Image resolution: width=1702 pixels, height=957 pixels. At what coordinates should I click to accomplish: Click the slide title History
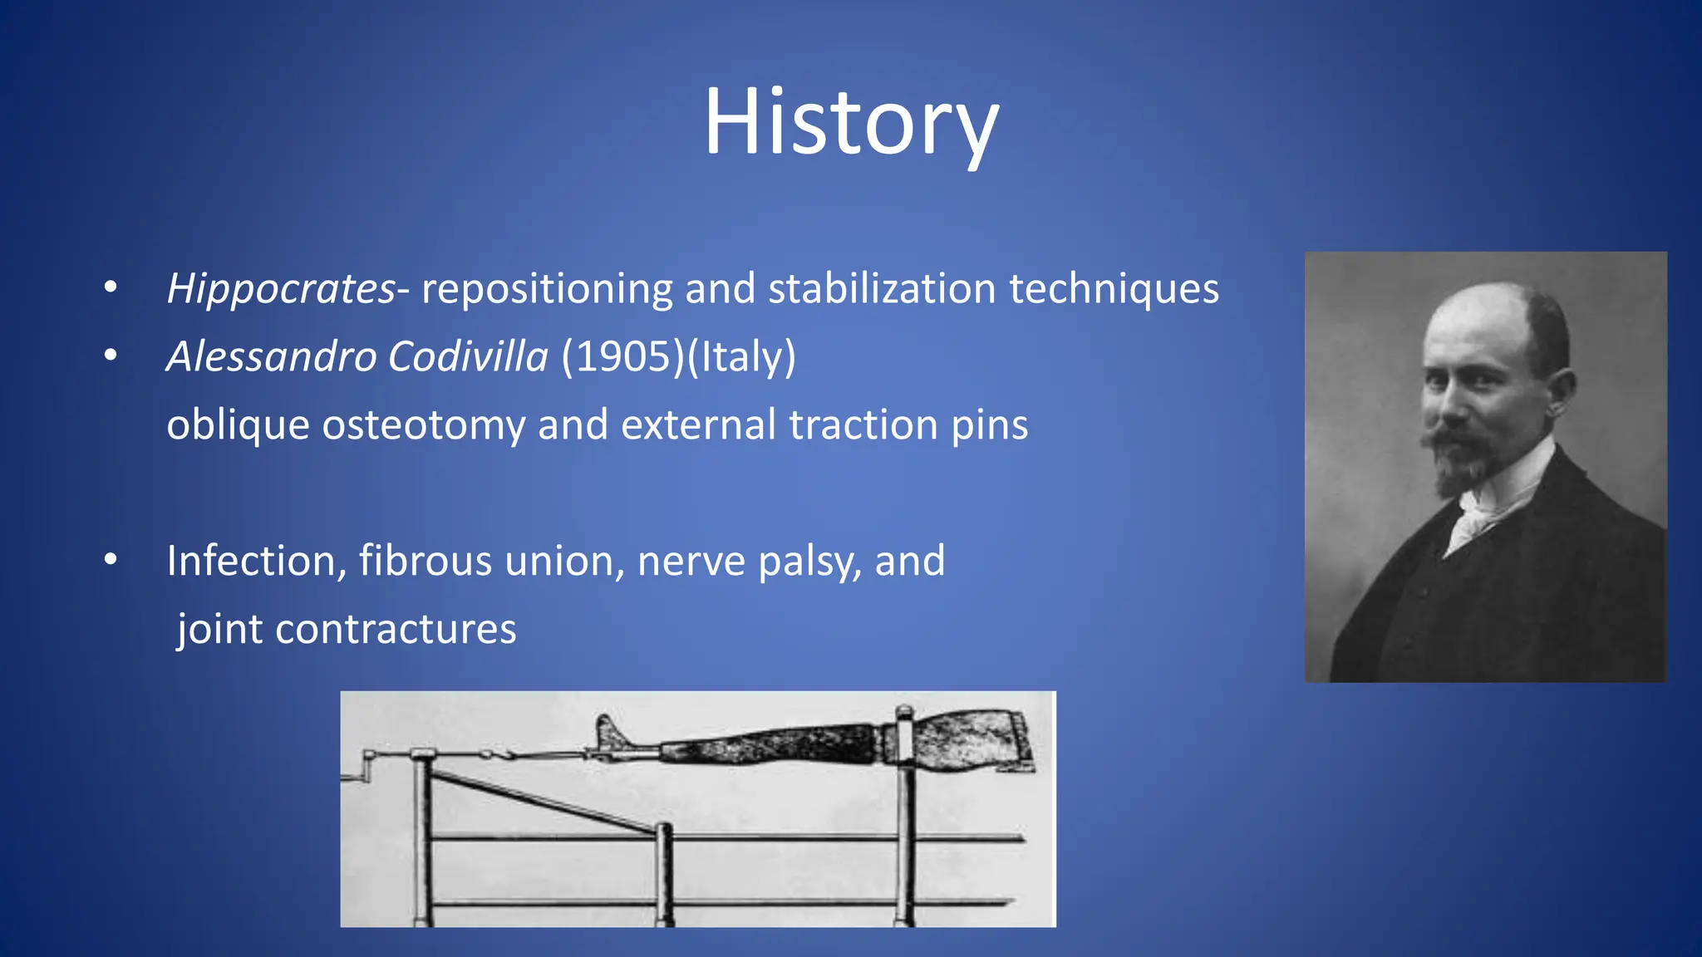[x=851, y=123]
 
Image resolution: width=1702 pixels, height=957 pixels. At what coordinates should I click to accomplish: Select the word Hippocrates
[x=281, y=289]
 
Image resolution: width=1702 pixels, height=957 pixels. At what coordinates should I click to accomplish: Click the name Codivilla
[x=468, y=357]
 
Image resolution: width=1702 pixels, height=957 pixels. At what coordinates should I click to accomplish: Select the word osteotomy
[x=423, y=425]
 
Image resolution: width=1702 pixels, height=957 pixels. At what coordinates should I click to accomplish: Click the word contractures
[x=396, y=630]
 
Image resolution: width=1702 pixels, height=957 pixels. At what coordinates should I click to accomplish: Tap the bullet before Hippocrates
[x=111, y=288]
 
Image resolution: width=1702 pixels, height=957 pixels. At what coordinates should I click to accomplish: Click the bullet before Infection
[x=111, y=561]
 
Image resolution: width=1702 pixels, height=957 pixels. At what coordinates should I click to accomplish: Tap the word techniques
[x=1114, y=289]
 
